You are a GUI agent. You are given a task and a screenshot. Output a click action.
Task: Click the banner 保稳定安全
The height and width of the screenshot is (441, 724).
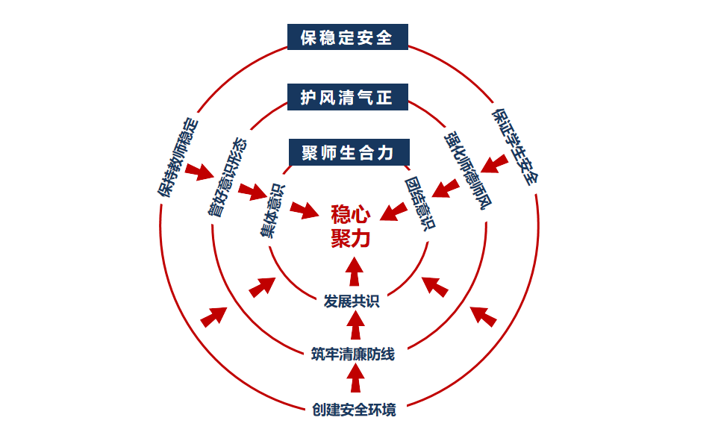click(x=348, y=37)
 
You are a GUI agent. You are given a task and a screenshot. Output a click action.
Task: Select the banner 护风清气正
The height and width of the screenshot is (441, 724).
click(x=348, y=97)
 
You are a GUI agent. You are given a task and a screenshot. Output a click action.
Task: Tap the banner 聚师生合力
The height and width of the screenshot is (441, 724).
click(x=348, y=153)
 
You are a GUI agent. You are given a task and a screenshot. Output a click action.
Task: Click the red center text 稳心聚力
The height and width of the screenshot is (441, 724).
click(x=349, y=227)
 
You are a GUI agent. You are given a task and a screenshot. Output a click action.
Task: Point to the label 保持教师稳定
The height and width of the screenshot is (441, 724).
click(x=178, y=157)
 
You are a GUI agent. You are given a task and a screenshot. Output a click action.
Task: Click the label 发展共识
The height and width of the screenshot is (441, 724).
click(x=352, y=301)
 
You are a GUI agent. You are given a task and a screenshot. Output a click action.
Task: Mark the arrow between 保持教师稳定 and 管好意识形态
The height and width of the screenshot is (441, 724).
click(x=200, y=171)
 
